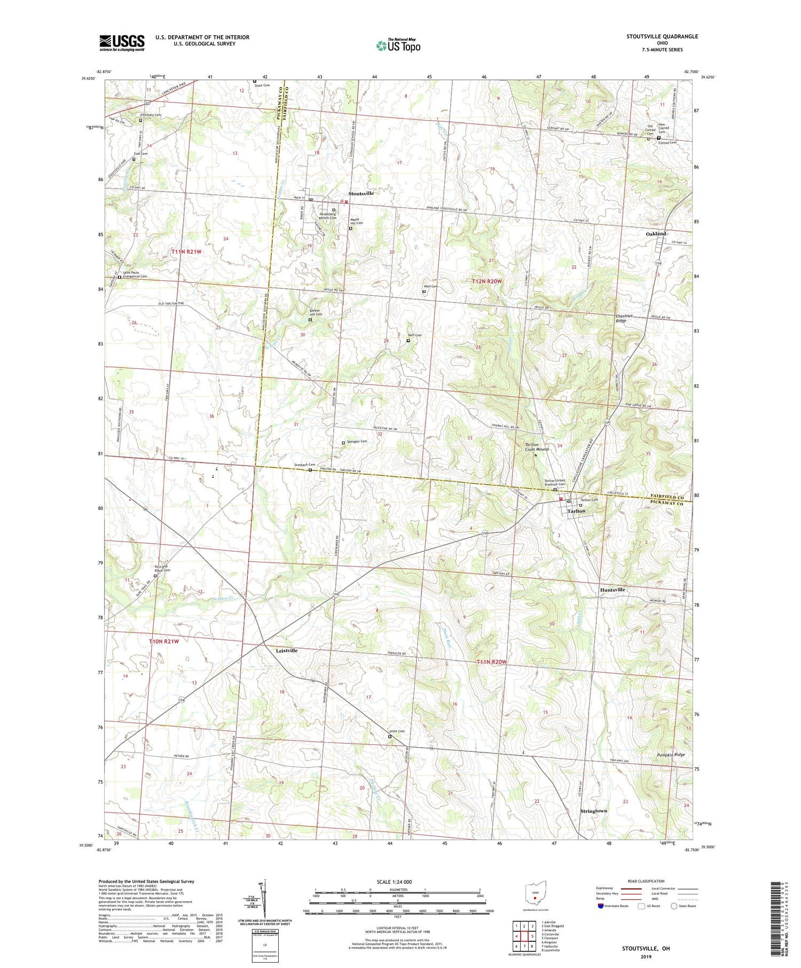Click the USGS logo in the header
(122, 43)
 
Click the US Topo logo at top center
(398, 45)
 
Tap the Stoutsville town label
(361, 193)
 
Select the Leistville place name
(286, 651)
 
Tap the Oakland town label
(656, 234)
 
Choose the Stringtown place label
(593, 810)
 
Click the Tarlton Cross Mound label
(537, 447)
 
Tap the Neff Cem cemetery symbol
(408, 340)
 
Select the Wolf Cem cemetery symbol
(424, 292)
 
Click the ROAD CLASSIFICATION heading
(646, 881)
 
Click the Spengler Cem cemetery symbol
(343, 443)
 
